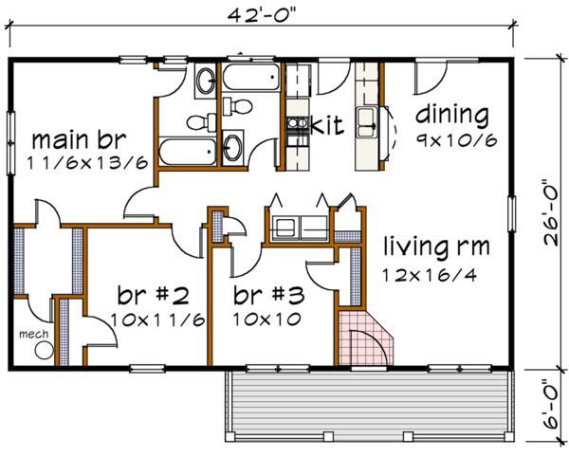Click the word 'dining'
[x=451, y=117]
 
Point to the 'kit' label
[x=326, y=123]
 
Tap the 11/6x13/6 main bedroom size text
[x=87, y=162]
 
